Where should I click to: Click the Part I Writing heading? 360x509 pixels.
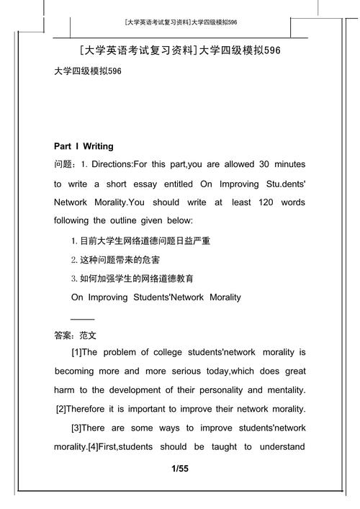[x=84, y=146]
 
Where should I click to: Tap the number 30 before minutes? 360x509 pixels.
[x=245, y=165]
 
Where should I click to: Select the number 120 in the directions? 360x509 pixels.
[x=262, y=202]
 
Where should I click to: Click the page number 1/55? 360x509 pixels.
[x=180, y=469]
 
